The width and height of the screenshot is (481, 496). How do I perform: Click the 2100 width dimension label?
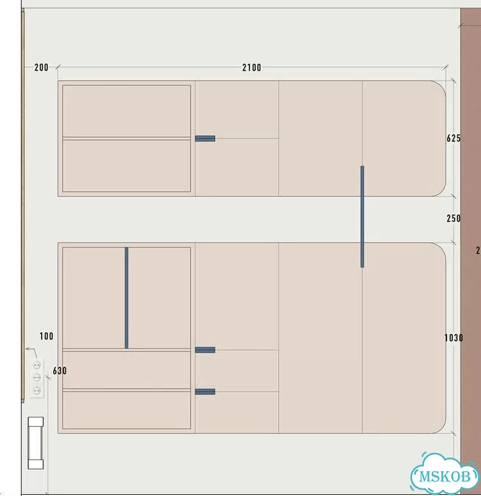252,67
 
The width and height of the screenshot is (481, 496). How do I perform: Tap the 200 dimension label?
42,67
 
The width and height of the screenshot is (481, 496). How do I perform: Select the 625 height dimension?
453,138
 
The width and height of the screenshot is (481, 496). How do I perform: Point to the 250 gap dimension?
453,218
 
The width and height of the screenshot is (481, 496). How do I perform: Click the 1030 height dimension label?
453,338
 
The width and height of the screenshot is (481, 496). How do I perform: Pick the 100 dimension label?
47,336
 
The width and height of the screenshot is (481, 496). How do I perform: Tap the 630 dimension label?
59,371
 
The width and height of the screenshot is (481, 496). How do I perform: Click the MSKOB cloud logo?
445,474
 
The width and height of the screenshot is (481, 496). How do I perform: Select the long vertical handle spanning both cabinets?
363,216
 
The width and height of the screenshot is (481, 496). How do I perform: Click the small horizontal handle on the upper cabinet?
205,138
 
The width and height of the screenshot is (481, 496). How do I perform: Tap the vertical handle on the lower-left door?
127,298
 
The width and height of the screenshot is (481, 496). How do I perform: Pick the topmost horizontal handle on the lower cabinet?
205,349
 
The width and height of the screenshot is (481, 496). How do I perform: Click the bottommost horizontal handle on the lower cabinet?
205,392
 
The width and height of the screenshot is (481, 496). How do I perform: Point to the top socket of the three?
37,365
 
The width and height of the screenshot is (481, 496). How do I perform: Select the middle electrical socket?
37,378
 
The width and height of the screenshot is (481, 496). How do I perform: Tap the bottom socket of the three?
37,390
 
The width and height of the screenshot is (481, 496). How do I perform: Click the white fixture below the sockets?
36,443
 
